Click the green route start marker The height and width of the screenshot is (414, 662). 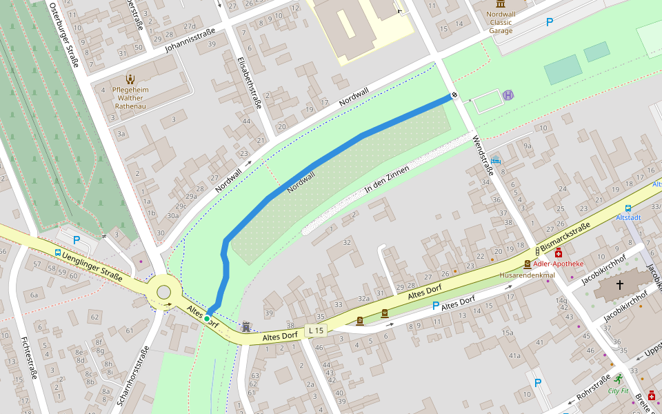[x=207, y=318]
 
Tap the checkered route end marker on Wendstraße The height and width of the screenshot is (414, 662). [x=454, y=95]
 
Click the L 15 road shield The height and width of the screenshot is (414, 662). [x=316, y=331]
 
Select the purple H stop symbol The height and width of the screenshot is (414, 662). [x=508, y=95]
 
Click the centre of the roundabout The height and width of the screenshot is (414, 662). [x=164, y=292]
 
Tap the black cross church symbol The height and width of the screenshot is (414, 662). [x=619, y=284]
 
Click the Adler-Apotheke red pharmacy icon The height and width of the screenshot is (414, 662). [x=559, y=253]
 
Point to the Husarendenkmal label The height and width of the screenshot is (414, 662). [x=527, y=275]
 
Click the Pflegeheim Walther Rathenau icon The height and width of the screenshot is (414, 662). [x=130, y=79]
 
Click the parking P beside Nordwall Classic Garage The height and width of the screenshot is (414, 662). [x=550, y=22]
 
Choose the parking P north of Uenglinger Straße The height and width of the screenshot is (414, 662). [x=77, y=239]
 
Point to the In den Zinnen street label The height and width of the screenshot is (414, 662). [x=388, y=179]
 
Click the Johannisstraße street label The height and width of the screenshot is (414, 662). [x=190, y=40]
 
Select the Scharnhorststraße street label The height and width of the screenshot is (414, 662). [x=133, y=375]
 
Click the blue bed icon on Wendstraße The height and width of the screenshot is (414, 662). [x=496, y=161]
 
